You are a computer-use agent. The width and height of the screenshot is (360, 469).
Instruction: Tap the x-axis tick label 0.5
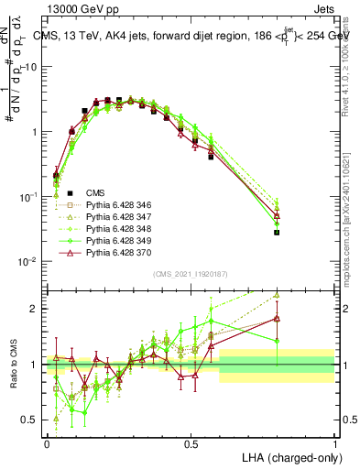[x=191, y=442]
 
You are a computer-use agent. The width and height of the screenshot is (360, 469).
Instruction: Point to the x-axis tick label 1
[x=334, y=442]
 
